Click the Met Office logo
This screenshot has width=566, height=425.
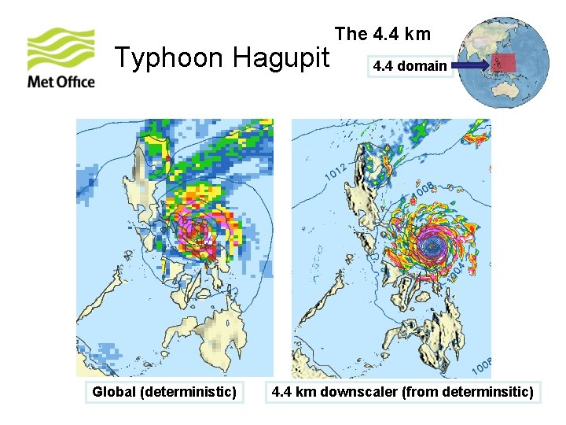point(61,57)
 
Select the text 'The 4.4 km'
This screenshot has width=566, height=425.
point(383,33)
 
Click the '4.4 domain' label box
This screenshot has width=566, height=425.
point(410,66)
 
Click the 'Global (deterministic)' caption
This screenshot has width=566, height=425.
point(164,391)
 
